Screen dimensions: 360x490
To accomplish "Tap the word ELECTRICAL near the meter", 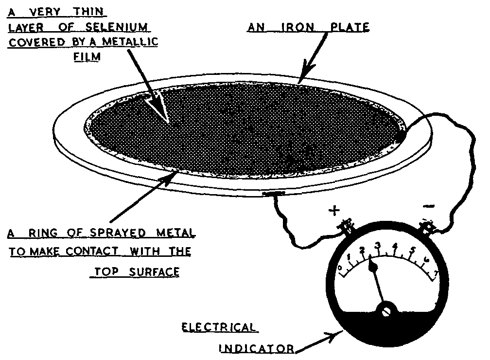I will (219, 328).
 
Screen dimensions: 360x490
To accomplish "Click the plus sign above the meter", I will (334, 211).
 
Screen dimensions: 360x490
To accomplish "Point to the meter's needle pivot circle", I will (387, 310).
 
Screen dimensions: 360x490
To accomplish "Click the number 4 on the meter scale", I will (396, 252).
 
